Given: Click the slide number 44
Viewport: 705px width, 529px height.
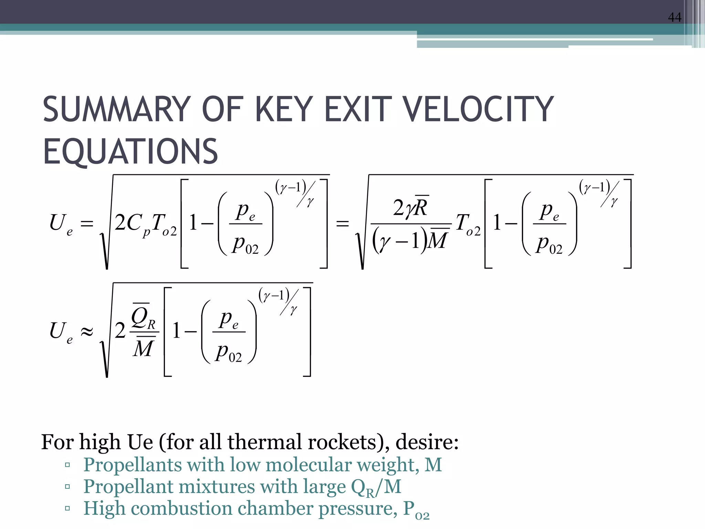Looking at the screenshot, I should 674,17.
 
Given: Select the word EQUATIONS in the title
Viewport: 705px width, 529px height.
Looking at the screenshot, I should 130,152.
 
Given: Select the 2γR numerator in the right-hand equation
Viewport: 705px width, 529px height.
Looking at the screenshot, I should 411,207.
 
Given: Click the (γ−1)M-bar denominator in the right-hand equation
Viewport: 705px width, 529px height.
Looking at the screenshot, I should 411,240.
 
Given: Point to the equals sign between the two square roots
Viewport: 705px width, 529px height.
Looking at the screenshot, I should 343,224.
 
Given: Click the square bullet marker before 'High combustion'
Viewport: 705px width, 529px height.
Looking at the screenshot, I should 67,508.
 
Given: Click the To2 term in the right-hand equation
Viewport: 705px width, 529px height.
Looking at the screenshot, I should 468,224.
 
